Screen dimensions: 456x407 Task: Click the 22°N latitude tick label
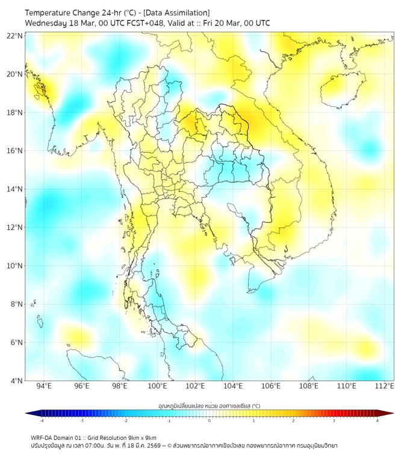(x=15, y=36)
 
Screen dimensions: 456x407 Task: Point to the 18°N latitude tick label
(x=15, y=112)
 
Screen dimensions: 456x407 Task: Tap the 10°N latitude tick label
(x=15, y=265)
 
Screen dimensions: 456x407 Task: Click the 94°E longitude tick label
(x=44, y=386)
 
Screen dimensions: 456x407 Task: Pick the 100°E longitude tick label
(x=157, y=386)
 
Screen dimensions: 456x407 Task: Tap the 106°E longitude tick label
(x=271, y=386)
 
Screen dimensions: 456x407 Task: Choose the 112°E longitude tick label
(x=385, y=386)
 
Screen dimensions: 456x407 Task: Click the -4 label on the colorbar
(x=42, y=420)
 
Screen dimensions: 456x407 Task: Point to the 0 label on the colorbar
(x=210, y=420)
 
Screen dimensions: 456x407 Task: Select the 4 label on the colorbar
(x=377, y=420)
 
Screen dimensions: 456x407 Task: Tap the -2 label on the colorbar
(x=125, y=420)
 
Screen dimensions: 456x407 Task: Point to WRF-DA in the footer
(x=43, y=437)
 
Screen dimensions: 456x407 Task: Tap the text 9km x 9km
(x=142, y=437)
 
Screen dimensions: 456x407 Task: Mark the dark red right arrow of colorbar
(x=388, y=413)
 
